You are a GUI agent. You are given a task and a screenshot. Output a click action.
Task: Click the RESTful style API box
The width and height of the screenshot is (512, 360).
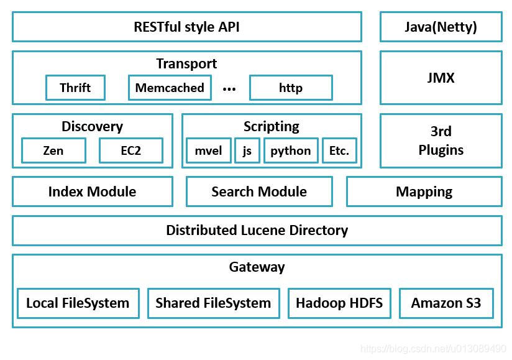pyautogui.click(x=186, y=27)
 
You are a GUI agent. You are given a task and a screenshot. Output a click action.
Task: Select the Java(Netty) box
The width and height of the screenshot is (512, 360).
pyautogui.click(x=441, y=27)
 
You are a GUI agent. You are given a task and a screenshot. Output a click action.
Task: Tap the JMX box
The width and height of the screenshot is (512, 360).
pyautogui.click(x=441, y=78)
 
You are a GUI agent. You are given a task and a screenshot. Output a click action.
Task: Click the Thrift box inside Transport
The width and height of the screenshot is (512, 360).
pyautogui.click(x=75, y=88)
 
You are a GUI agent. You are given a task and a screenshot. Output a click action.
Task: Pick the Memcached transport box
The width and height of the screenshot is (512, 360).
pyautogui.click(x=170, y=88)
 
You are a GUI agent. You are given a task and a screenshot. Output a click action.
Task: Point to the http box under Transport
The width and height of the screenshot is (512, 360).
pyautogui.click(x=291, y=88)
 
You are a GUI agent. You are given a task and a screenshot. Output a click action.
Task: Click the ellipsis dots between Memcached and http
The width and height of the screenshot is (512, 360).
pyautogui.click(x=229, y=89)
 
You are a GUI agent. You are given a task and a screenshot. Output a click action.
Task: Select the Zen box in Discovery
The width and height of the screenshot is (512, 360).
pyautogui.click(x=53, y=150)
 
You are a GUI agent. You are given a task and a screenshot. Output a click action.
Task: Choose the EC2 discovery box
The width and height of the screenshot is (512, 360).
pyautogui.click(x=131, y=150)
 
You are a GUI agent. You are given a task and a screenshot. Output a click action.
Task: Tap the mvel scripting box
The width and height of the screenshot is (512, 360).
pyautogui.click(x=208, y=150)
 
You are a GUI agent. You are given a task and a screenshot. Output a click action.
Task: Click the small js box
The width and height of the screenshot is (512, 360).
pyautogui.click(x=247, y=150)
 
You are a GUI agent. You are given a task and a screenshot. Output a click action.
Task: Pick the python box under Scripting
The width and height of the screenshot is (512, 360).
pyautogui.click(x=291, y=150)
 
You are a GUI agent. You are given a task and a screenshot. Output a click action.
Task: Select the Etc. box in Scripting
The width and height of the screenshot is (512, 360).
pyautogui.click(x=339, y=150)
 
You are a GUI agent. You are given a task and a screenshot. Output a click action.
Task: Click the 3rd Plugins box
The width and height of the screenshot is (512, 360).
pyautogui.click(x=441, y=141)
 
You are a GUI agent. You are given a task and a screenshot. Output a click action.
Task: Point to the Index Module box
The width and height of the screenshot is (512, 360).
pyautogui.click(x=92, y=192)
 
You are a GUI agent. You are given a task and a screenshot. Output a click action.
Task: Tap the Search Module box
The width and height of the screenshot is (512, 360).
pyautogui.click(x=259, y=192)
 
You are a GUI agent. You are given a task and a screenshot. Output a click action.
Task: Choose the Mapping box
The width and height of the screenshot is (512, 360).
pyautogui.click(x=424, y=192)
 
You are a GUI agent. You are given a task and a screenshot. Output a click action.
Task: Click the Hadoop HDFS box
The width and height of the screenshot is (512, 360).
pyautogui.click(x=339, y=303)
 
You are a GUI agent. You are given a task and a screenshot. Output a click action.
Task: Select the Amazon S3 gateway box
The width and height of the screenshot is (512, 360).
pyautogui.click(x=446, y=303)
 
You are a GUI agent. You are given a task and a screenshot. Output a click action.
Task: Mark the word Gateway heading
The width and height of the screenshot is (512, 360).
pyautogui.click(x=257, y=267)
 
